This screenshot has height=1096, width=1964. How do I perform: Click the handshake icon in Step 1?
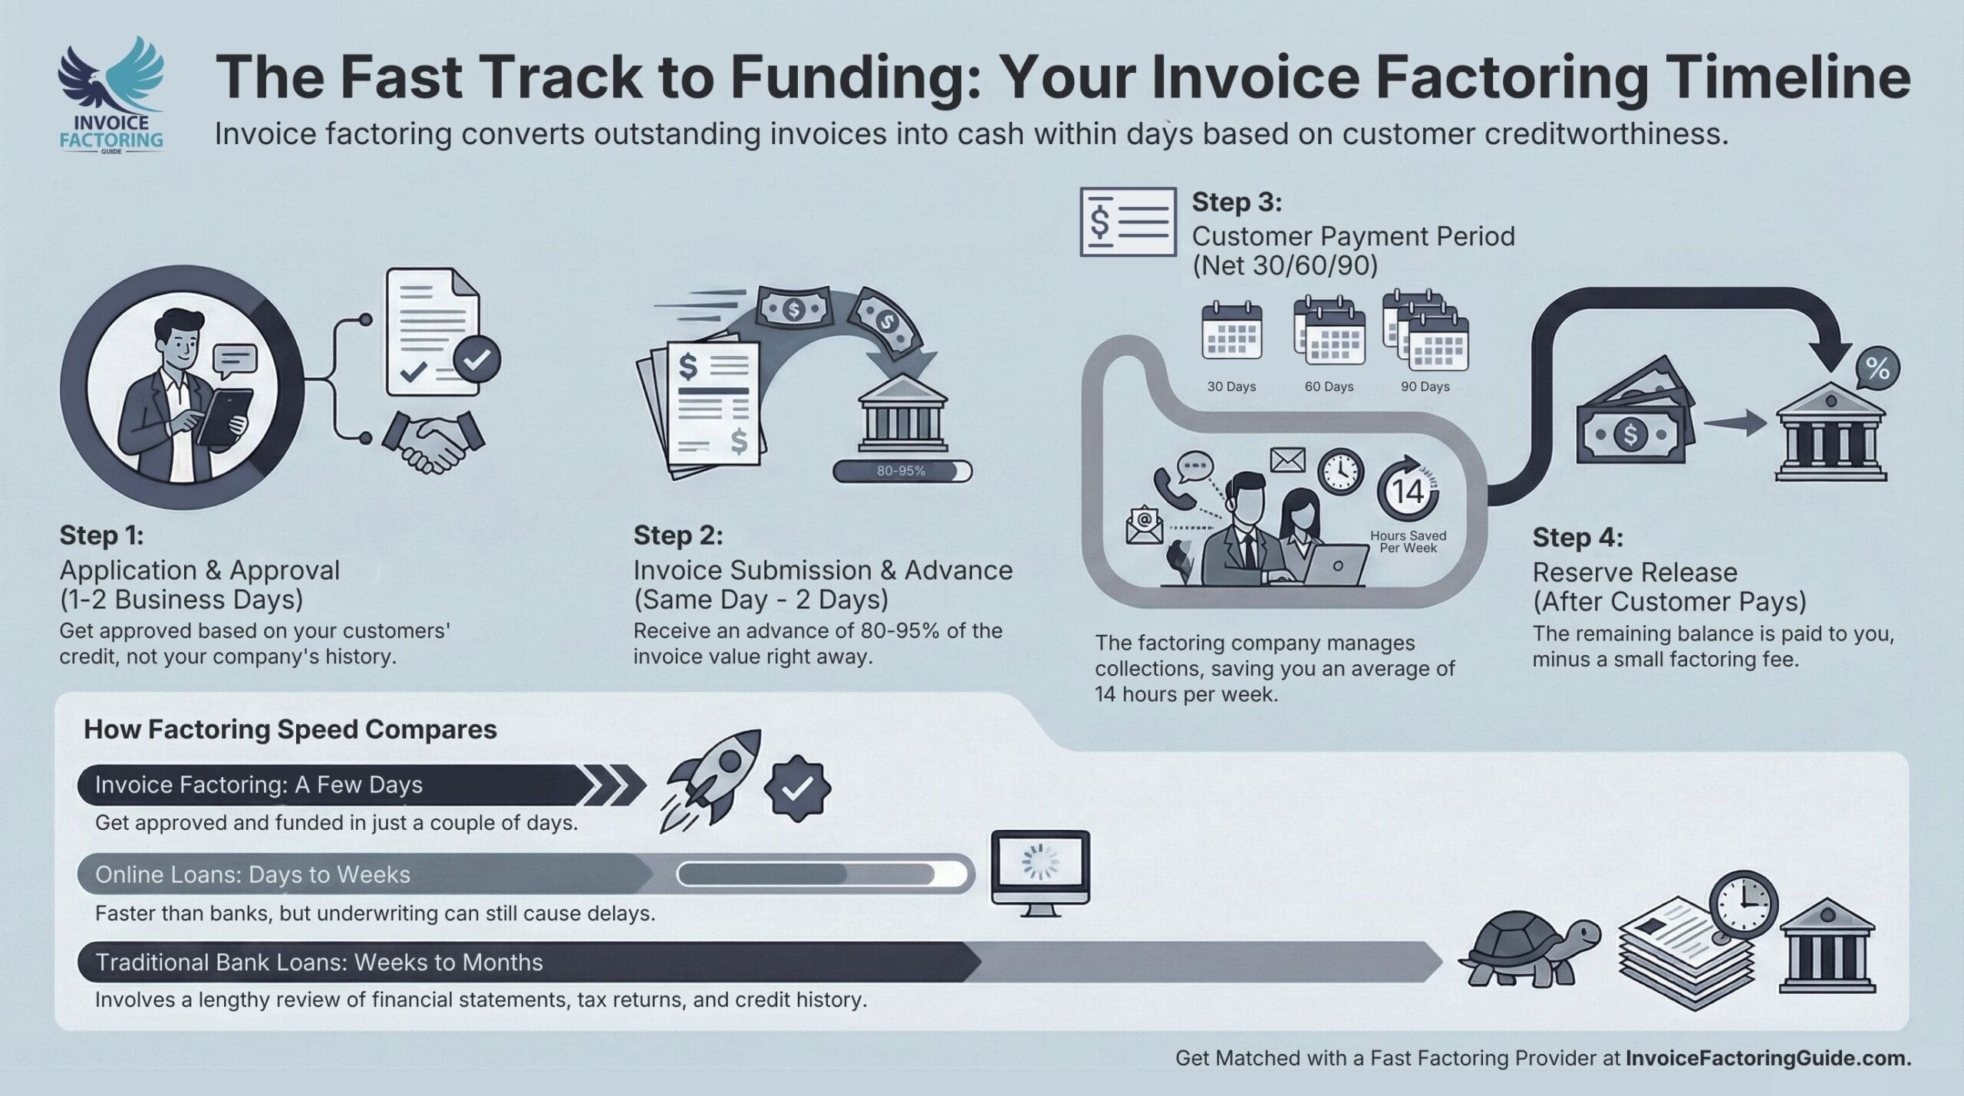click(434, 442)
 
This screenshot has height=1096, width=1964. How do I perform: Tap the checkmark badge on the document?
click(476, 358)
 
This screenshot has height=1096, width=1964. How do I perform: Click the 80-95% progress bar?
click(901, 471)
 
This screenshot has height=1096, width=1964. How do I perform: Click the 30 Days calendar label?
click(1231, 387)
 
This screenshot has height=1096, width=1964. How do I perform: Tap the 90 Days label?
click(1425, 387)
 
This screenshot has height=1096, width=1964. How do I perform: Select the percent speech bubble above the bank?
click(1877, 370)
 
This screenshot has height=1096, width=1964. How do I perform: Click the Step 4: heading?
click(1577, 538)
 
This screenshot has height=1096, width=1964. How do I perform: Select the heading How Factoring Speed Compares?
click(290, 729)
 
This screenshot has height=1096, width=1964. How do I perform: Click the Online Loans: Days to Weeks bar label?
click(252, 874)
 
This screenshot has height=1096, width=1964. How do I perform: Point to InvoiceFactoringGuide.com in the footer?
click(1768, 1058)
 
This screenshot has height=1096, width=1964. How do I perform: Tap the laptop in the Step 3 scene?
click(1336, 565)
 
